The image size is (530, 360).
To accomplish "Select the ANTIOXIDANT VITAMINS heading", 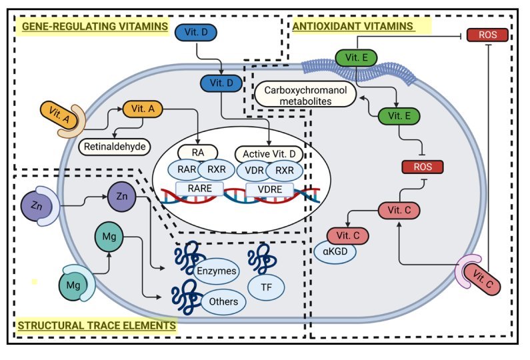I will point(353,26).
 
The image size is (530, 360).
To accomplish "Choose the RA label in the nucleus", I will point(197,153).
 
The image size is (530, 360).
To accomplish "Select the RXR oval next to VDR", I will point(285,170).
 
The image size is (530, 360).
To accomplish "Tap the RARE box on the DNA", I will point(197,189).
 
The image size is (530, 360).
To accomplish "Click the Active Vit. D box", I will point(269,153).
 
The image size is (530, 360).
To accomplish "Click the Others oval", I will point(223,301).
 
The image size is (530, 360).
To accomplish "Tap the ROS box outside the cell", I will point(487,34).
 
